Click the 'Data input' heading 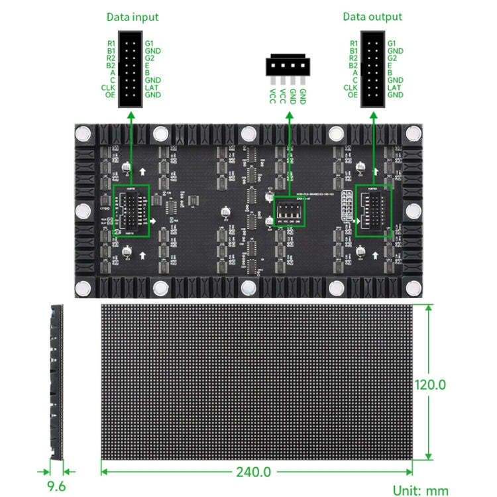point(132,17)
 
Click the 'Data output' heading point(372,17)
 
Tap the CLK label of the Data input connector point(109,87)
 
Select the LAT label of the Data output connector point(394,87)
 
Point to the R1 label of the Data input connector point(111,44)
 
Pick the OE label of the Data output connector point(352,95)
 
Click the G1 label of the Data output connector point(392,44)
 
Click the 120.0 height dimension point(430,384)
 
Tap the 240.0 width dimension point(254,472)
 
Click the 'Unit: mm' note point(420,490)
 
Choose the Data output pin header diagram point(372,69)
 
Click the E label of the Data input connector point(147,66)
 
